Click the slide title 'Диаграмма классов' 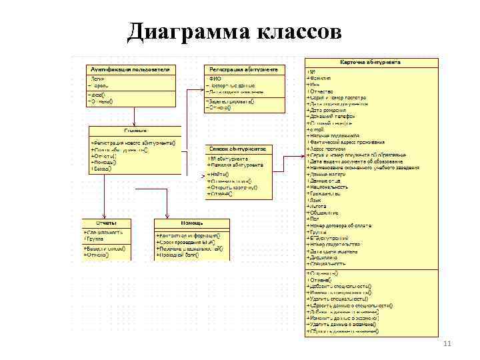pyautogui.click(x=234, y=31)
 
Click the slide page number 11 pyautogui.click(x=447, y=343)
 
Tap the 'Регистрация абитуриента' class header pyautogui.click(x=244, y=69)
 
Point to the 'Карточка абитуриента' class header pyautogui.click(x=371, y=63)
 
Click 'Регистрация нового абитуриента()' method pyautogui.click(x=134, y=142)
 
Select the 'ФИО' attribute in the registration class pyautogui.click(x=215, y=79)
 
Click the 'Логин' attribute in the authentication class pyautogui.click(x=99, y=79)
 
